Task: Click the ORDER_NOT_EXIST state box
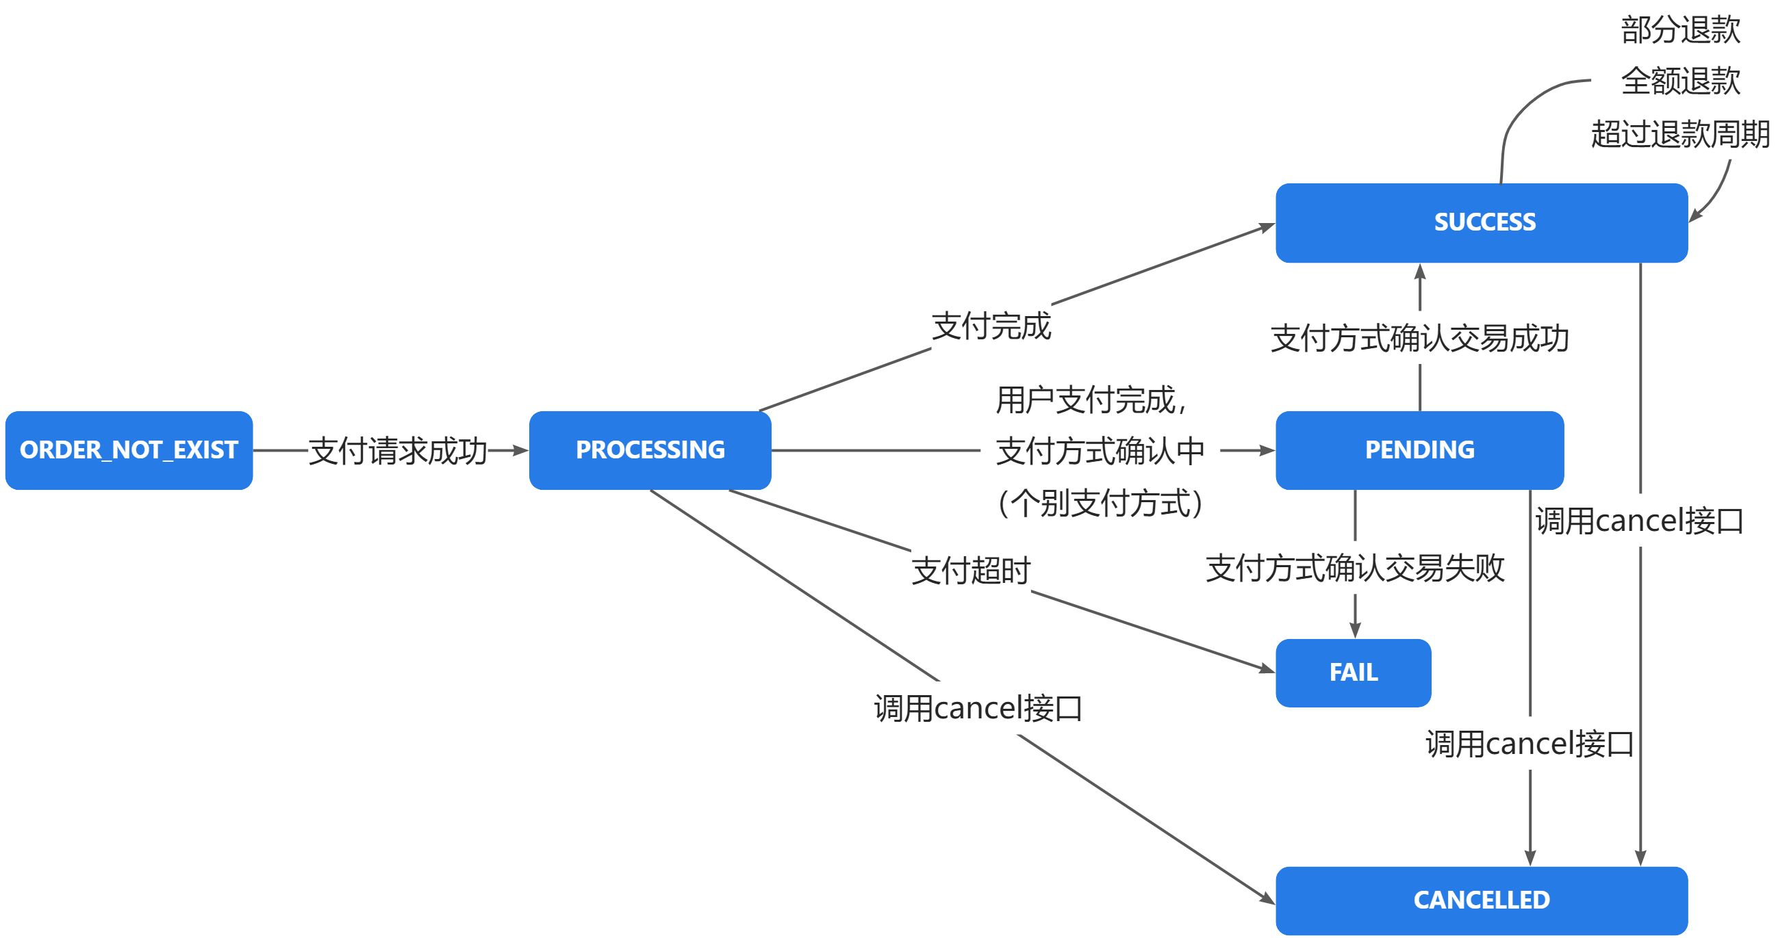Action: [x=129, y=450]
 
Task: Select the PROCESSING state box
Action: [x=650, y=450]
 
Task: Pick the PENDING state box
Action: [x=1419, y=450]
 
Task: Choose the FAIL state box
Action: [x=1353, y=672]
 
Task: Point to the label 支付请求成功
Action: [x=398, y=452]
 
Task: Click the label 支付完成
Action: [x=991, y=326]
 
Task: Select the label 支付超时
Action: [x=971, y=571]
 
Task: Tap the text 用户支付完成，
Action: [x=1092, y=400]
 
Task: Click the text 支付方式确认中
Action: [x=1100, y=452]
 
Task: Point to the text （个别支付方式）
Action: [x=1100, y=502]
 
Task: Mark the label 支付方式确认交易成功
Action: [x=1419, y=339]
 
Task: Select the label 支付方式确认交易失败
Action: [x=1355, y=569]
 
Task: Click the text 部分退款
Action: [x=1680, y=30]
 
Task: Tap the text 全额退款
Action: [x=1680, y=81]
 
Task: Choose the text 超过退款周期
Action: [x=1680, y=133]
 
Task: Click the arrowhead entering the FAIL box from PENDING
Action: [x=1355, y=631]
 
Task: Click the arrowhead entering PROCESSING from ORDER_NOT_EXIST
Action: [x=520, y=451]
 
